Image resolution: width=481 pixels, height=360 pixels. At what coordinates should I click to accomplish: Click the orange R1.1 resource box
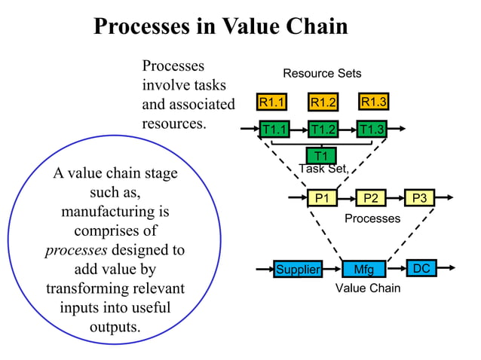coord(271,102)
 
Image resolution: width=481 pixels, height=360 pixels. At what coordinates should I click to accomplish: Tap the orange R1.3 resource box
coord(374,102)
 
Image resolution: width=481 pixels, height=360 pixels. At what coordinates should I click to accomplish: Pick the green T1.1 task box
coord(274,129)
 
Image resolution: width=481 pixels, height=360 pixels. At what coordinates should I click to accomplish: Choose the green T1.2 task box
coord(323,129)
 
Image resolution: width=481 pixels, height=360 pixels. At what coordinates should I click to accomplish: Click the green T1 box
coord(321,156)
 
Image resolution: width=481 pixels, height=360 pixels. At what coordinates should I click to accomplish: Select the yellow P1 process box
coord(323,198)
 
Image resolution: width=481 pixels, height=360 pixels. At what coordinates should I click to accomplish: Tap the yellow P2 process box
coord(370,198)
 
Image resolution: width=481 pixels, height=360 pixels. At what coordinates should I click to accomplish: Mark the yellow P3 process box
coord(420,198)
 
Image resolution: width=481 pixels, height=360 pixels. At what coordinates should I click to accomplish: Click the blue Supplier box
coord(298,269)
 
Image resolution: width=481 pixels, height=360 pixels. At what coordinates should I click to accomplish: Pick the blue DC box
coord(422,268)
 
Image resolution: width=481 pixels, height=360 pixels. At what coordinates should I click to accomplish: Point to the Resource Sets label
coord(322,74)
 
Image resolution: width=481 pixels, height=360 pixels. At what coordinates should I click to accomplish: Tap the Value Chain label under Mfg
coord(368,288)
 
